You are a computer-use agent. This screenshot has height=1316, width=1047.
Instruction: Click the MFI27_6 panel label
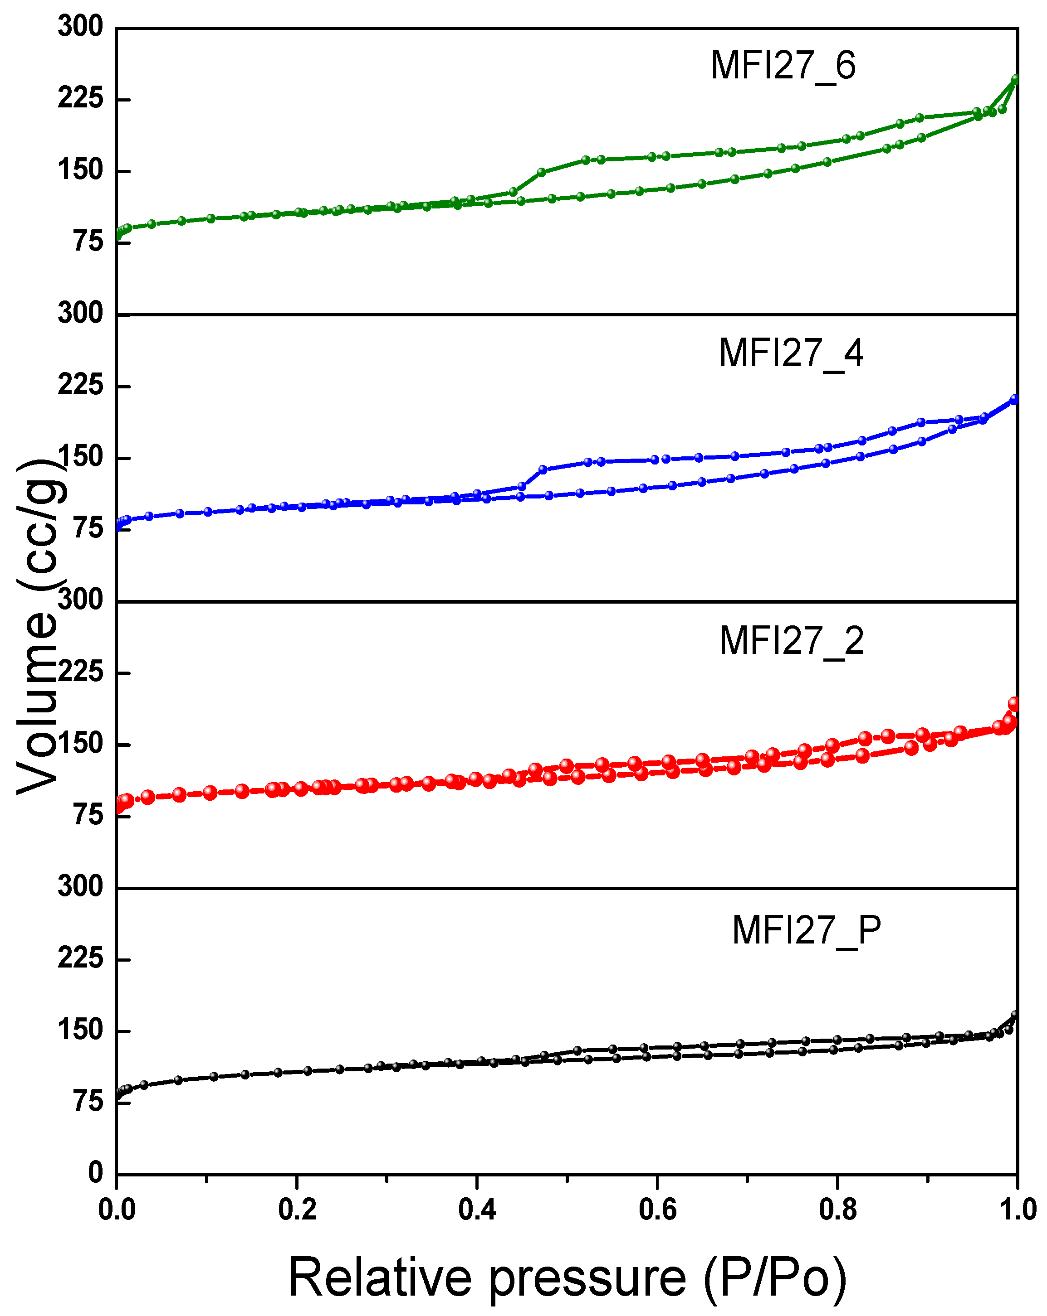pyautogui.click(x=783, y=66)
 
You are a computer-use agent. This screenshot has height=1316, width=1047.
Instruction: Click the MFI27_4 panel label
pyautogui.click(x=791, y=353)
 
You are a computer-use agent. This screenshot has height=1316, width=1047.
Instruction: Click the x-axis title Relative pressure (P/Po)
pyautogui.click(x=568, y=1277)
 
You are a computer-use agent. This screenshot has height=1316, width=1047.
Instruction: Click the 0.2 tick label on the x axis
pyautogui.click(x=297, y=1209)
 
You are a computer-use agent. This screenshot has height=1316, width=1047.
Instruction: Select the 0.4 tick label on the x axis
pyautogui.click(x=477, y=1209)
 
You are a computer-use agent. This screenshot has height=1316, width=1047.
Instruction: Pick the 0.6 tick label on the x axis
pyautogui.click(x=657, y=1209)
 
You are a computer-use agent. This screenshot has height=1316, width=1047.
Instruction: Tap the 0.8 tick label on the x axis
pyautogui.click(x=838, y=1209)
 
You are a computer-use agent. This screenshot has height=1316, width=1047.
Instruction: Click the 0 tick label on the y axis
pyautogui.click(x=95, y=1172)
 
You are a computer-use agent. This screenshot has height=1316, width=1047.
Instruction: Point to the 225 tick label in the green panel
pyautogui.click(x=81, y=98)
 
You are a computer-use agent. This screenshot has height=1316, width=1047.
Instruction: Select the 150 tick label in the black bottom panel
pyautogui.click(x=81, y=1030)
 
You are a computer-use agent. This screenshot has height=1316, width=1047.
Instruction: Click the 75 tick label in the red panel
pyautogui.click(x=88, y=815)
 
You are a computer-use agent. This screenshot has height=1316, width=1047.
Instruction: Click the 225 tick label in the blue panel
pyautogui.click(x=81, y=385)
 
